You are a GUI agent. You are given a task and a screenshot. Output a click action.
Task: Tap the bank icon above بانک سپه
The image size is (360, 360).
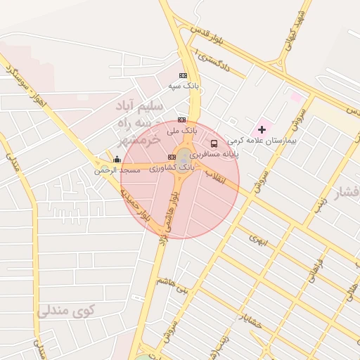[184, 75]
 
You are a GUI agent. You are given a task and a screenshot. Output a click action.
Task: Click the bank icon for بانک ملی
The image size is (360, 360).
[182, 120]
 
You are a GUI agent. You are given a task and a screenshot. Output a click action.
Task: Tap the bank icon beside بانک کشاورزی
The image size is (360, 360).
[172, 157]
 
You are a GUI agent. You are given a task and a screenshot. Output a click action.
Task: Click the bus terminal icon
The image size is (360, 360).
[214, 143]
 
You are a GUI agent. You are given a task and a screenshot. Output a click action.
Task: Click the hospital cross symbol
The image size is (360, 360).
[262, 129]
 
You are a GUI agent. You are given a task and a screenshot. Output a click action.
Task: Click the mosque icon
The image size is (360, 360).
[117, 160]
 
